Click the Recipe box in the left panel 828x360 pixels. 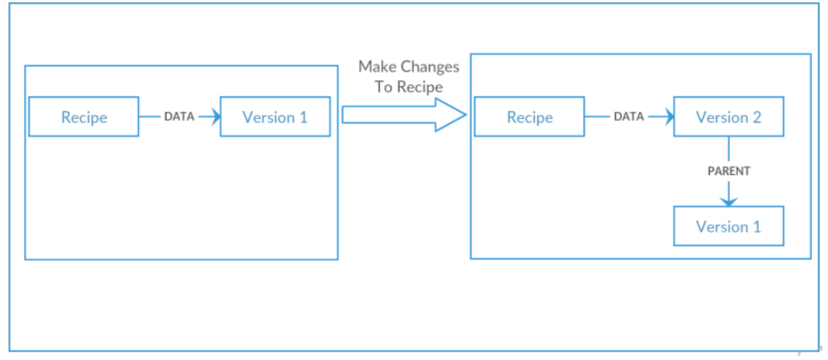click(83, 117)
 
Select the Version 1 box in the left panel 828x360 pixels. click(274, 117)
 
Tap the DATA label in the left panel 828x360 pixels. click(179, 117)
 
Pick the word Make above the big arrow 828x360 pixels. click(378, 67)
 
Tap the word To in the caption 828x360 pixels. click(383, 87)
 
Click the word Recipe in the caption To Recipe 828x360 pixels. click(420, 87)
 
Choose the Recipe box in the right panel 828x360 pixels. click(529, 117)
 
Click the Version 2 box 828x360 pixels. click(728, 117)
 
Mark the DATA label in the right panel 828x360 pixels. click(628, 117)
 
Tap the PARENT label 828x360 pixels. click(728, 171)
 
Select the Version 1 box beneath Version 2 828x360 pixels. click(728, 227)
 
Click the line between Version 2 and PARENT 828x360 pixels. click(728, 150)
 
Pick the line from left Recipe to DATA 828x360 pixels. click(150, 117)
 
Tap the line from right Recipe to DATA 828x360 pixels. click(597, 117)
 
